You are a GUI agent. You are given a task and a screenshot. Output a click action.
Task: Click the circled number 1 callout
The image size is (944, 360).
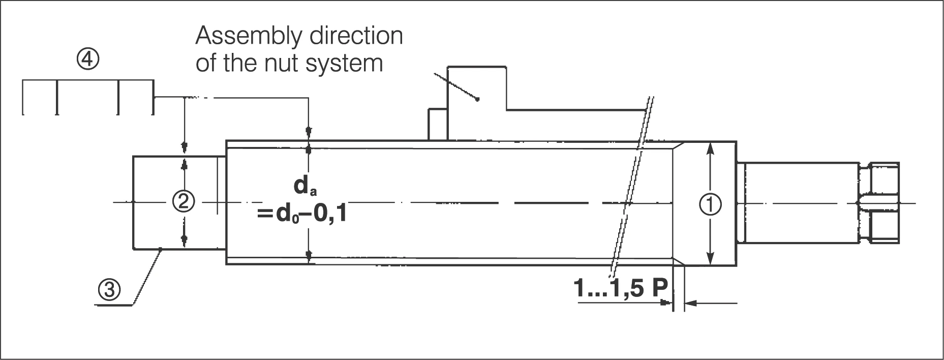[711, 204]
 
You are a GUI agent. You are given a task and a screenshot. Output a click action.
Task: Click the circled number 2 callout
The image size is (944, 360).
[184, 202]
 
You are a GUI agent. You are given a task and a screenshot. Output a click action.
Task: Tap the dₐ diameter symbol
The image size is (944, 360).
[301, 187]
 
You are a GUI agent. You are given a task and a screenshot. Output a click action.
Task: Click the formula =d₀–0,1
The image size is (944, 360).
[302, 214]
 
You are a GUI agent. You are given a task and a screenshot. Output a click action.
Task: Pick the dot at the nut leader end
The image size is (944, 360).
[477, 99]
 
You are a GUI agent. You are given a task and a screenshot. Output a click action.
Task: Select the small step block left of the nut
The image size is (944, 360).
[437, 124]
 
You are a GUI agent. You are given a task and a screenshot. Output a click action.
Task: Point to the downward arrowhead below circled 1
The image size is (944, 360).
[711, 260]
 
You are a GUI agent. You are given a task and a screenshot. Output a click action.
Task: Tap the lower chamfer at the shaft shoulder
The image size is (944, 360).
[678, 261]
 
